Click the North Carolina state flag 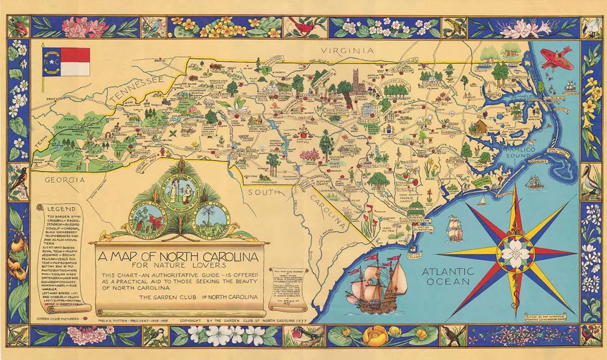pyautogui.click(x=66, y=61)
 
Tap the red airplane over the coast pyautogui.click(x=556, y=58)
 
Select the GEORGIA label pyautogui.click(x=64, y=179)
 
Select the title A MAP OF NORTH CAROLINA pyautogui.click(x=180, y=257)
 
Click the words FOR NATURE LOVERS pyautogui.click(x=180, y=266)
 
